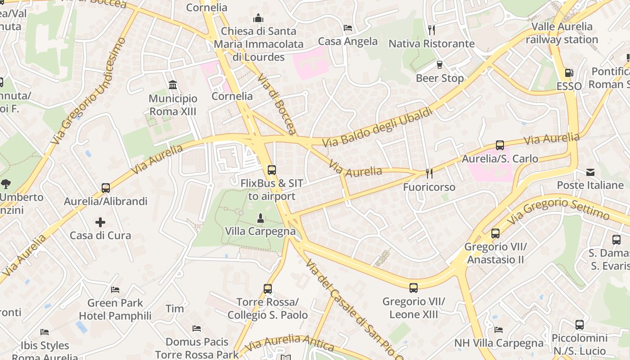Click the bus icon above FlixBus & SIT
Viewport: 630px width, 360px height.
pos(271,170)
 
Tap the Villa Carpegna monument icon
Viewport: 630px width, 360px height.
pos(260,218)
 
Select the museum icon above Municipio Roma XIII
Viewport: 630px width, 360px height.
pos(173,85)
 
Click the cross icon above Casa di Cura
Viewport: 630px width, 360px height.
pos(100,222)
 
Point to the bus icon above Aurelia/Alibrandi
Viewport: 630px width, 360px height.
pos(106,188)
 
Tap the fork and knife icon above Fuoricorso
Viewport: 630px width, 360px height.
pos(429,174)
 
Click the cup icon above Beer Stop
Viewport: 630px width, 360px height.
pos(440,65)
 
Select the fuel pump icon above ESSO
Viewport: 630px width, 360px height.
pos(569,72)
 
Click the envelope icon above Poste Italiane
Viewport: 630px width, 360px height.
pos(590,172)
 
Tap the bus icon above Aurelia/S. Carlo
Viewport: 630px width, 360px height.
pos(499,145)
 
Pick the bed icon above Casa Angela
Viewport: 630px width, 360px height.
pos(348,28)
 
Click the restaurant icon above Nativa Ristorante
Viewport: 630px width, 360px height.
pos(431,30)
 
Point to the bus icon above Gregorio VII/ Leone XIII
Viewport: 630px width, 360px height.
pos(413,288)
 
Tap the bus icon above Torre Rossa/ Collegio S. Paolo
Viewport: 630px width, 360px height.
pos(268,289)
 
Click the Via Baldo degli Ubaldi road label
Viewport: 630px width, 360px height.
pos(378,127)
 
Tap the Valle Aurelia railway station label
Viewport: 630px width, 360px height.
pos(562,33)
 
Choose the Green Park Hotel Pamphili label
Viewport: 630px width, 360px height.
pos(115,309)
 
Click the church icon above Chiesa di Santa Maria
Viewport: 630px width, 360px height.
pos(258,18)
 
